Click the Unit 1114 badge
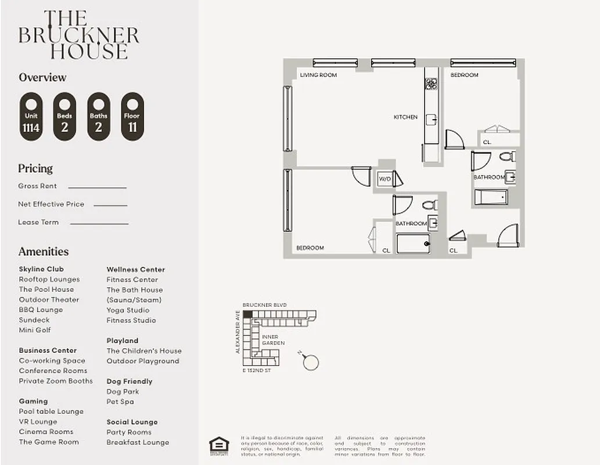click(31, 116)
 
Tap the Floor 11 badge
click(132, 116)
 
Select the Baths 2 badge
click(98, 116)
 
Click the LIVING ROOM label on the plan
click(318, 75)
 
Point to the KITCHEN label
click(405, 117)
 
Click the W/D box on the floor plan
click(385, 179)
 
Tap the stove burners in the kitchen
click(431, 84)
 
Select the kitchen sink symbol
click(431, 120)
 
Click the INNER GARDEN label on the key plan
click(273, 340)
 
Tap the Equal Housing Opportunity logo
click(219, 443)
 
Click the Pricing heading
click(35, 169)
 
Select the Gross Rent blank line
click(97, 187)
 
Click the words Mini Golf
click(35, 330)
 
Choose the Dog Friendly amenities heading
click(130, 381)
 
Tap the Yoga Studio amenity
click(128, 310)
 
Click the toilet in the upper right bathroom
click(506, 156)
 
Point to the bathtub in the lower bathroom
click(413, 244)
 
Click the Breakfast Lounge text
click(138, 442)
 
